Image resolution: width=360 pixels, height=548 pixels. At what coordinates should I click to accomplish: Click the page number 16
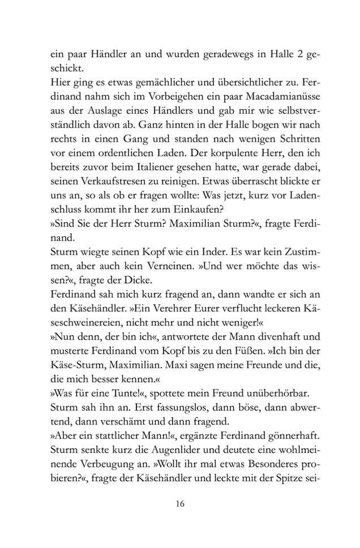click(179, 504)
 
